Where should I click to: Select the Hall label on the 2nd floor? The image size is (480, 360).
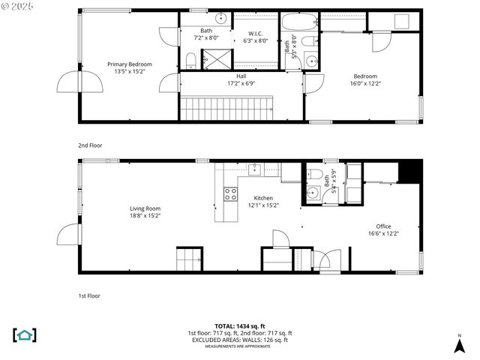tap(241, 76)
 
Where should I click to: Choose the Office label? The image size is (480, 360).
tap(383, 226)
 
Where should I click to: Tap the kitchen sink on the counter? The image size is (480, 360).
tap(255, 170)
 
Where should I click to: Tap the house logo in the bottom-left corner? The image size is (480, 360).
tap(25, 334)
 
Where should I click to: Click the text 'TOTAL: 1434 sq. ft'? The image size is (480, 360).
tap(239, 326)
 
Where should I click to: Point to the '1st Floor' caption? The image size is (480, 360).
tap(89, 295)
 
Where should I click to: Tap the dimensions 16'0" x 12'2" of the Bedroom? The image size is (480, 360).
tap(365, 83)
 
